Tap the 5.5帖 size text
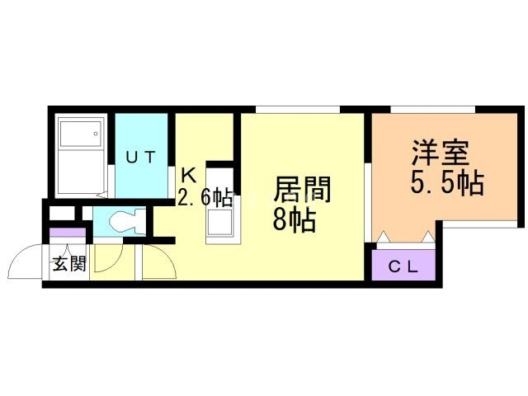pyautogui.click(x=446, y=182)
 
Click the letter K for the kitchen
pyautogui.click(x=189, y=175)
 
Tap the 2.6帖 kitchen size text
pyautogui.click(x=205, y=197)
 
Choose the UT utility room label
pyautogui.click(x=140, y=156)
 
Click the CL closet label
pyautogui.click(x=404, y=266)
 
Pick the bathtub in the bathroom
pyautogui.click(x=79, y=154)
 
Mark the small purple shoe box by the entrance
pyautogui.click(x=63, y=232)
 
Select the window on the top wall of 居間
pyautogui.click(x=298, y=109)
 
